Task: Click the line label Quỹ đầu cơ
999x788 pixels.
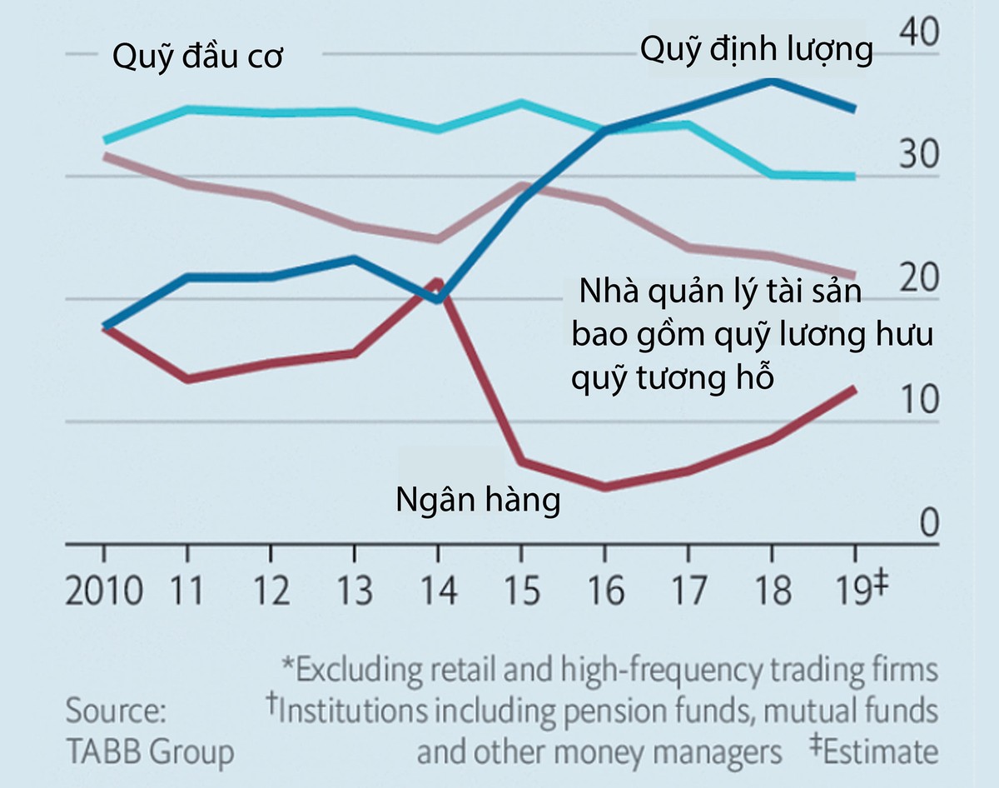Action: point(197,59)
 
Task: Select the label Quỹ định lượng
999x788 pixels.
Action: point(756,50)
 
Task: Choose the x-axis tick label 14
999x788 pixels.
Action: point(438,591)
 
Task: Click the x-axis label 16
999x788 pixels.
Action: point(605,591)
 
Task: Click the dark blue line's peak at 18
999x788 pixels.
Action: point(773,81)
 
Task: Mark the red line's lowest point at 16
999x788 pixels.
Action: point(605,487)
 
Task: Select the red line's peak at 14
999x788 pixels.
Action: point(438,281)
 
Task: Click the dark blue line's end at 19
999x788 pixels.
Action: point(855,108)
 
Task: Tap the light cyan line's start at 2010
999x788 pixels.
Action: point(104,140)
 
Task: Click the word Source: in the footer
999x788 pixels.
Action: point(117,713)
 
